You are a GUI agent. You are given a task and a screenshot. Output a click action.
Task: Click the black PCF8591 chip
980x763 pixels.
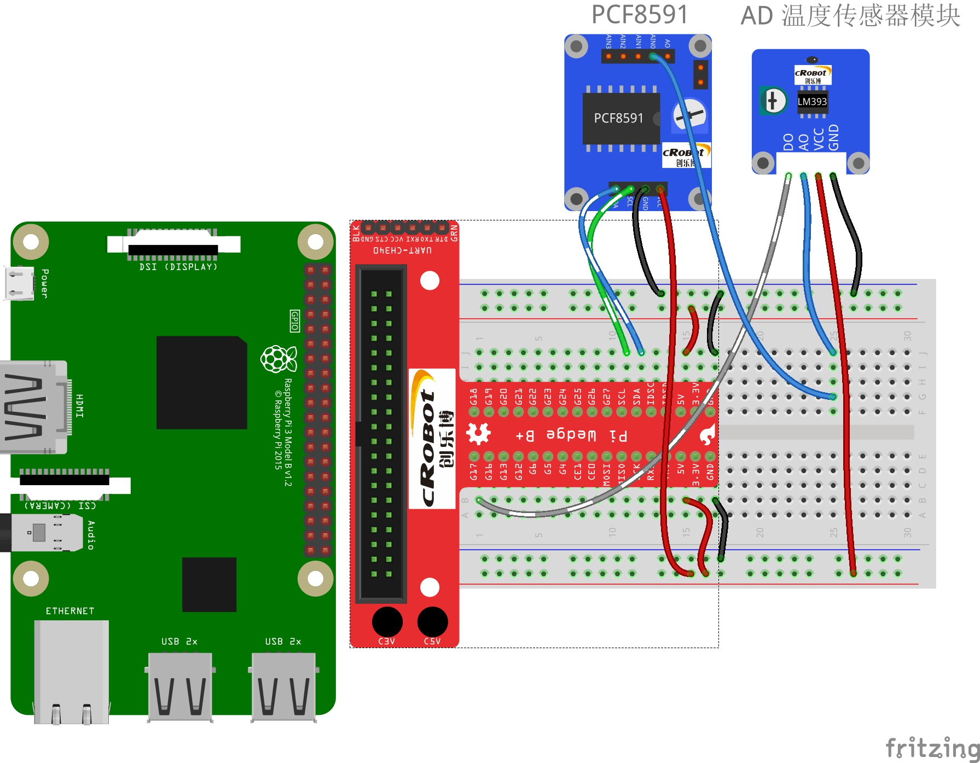coord(621,118)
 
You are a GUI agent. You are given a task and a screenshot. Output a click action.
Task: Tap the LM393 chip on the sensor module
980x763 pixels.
coord(812,102)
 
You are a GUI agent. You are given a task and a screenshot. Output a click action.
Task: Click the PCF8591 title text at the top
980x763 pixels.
coord(639,15)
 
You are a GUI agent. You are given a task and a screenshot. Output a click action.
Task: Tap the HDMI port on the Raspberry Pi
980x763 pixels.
coord(33,407)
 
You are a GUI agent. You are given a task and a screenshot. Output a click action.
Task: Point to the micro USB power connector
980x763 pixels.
coord(19,283)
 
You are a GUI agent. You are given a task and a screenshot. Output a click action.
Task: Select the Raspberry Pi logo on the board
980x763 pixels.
coord(279,359)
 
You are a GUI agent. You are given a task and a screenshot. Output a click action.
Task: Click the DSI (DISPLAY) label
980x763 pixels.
coord(178,267)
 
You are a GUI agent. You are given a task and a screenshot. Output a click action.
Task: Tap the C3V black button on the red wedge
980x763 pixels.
coord(387,622)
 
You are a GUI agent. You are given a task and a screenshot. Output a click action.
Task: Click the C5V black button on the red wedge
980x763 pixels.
coord(432,622)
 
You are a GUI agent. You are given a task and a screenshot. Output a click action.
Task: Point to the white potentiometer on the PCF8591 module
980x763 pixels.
coord(689,115)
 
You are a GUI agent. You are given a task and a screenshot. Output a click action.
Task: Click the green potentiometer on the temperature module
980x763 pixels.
coord(773,101)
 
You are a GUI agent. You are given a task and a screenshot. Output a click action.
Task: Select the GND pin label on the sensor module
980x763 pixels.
coord(833,137)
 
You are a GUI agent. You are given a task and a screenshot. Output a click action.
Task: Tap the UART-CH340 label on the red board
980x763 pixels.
coord(402,251)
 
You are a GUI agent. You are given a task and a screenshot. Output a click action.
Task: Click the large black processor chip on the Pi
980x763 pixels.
coord(201,382)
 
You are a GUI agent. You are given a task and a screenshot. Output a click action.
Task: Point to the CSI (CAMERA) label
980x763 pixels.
coord(60,505)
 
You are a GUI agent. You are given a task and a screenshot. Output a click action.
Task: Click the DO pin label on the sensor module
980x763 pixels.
coord(788,142)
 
